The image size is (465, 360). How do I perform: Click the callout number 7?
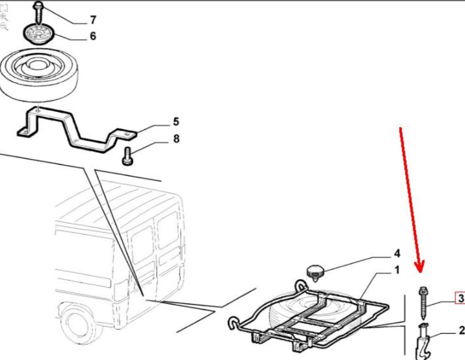tap(93, 20)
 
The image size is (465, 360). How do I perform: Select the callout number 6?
tap(93, 36)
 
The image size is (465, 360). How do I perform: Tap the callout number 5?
tap(176, 122)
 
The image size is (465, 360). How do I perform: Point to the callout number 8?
tap(176, 138)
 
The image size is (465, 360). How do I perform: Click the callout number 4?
tap(397, 254)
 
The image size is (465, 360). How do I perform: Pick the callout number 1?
tap(397, 270)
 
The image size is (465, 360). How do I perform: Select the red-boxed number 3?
tap(460, 298)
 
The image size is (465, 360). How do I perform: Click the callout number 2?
tap(462, 330)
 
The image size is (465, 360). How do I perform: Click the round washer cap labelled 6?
tap(39, 34)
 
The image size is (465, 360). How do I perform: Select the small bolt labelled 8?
tap(127, 156)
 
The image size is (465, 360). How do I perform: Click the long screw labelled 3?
tap(423, 303)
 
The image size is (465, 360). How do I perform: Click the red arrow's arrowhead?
tap(420, 266)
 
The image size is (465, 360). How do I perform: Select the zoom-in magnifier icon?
tap(4, 17)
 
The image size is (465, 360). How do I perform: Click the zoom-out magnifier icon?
tap(4, 27)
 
